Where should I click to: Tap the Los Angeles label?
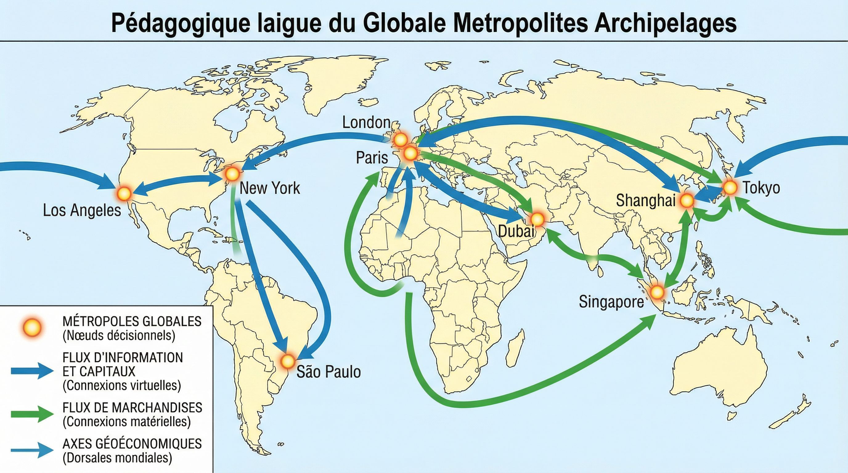pos(82,211)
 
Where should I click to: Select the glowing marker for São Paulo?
pos(288,361)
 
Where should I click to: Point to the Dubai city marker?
pos(537,219)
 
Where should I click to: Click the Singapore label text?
pos(611,301)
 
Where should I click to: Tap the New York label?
pos(270,188)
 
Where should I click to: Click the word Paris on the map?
pos(372,158)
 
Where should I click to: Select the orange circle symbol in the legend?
pos(33,328)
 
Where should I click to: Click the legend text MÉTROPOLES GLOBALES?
pos(132,321)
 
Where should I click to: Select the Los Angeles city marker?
pos(124,194)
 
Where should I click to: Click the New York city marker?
pos(232,173)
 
